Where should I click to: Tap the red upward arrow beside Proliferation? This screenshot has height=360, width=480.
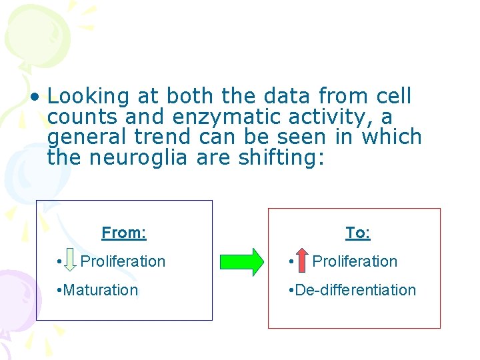point(301,261)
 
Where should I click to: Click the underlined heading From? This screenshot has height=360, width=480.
point(124,233)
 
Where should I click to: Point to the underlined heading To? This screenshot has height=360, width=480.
point(358,233)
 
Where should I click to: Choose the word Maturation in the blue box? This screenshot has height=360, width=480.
point(101,290)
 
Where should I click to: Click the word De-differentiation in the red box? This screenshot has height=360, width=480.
point(355,290)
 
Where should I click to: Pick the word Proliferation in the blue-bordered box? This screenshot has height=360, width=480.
point(123,261)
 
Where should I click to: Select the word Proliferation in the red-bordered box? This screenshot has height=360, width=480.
point(355,261)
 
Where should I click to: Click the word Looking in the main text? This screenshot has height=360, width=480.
point(88,97)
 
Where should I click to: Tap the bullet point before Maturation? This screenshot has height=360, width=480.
point(60,291)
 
